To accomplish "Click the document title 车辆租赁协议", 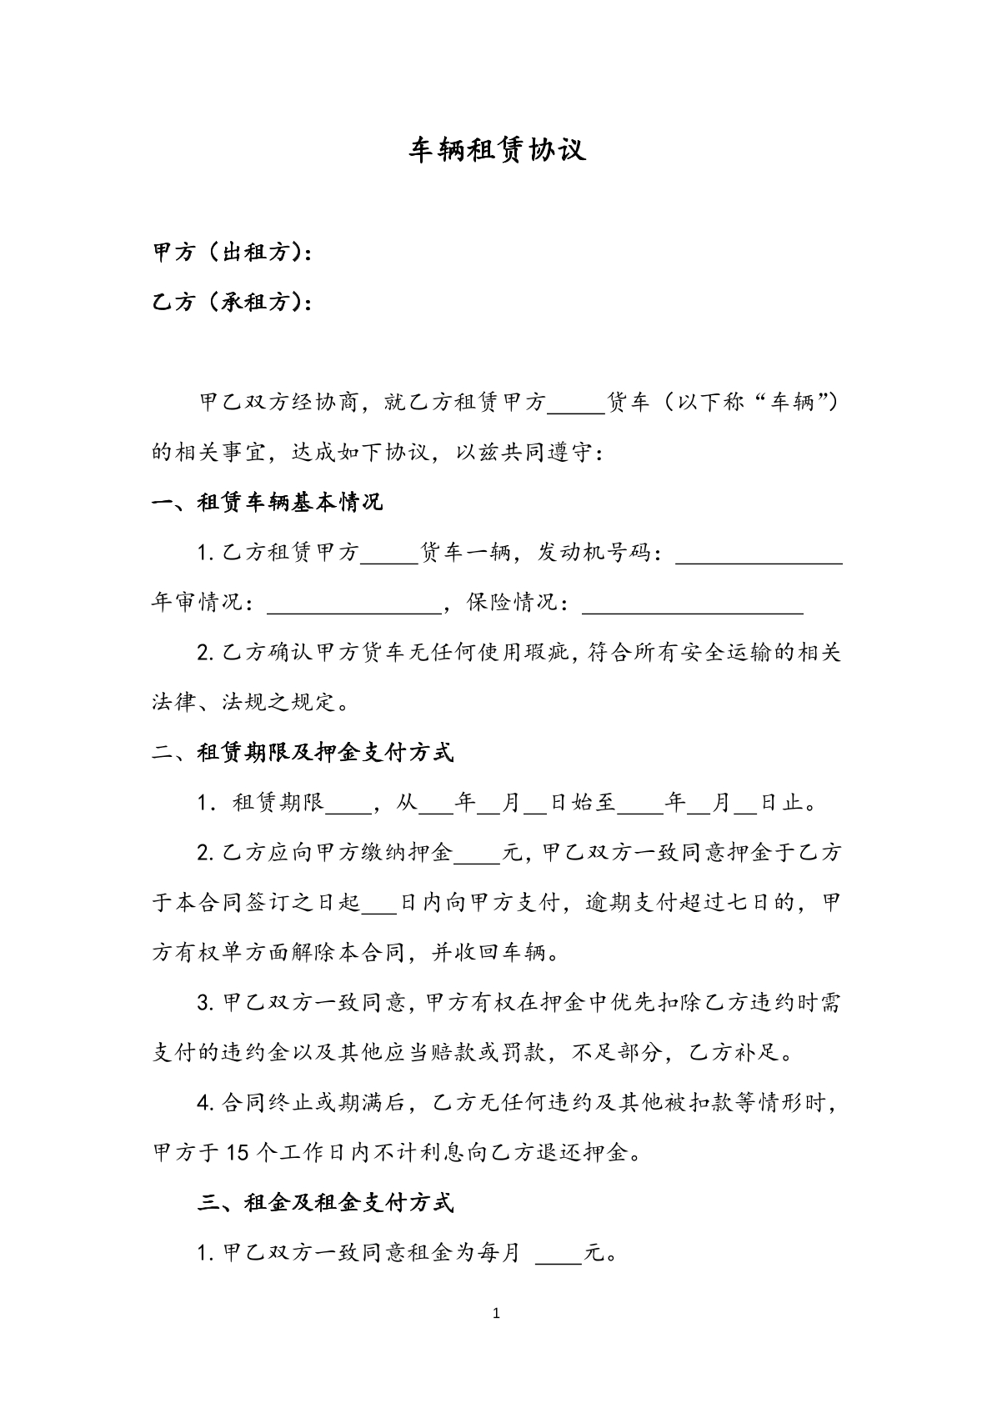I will click(497, 148).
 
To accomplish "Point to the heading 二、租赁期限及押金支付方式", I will click(303, 753).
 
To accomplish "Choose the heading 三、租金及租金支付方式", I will click(326, 1202).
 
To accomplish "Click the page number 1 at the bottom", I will click(497, 1315).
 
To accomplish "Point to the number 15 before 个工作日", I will click(238, 1153).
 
